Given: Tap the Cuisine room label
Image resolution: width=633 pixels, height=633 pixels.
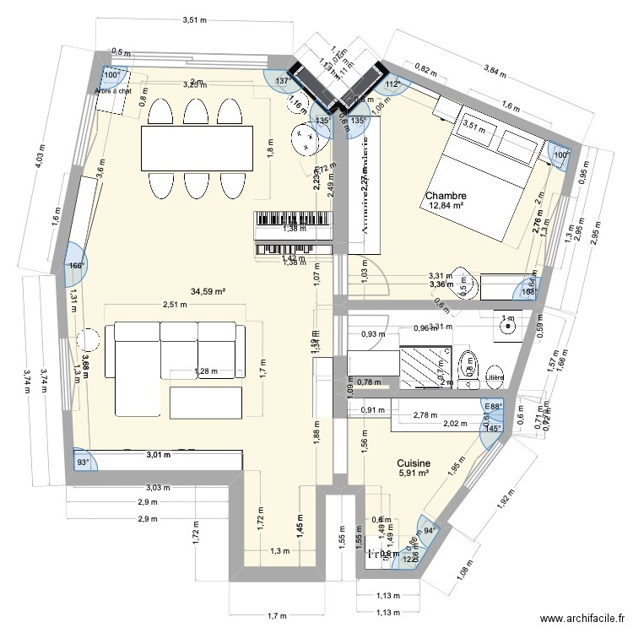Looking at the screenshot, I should [x=414, y=463].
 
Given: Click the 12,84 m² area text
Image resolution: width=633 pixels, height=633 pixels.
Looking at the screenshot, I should [x=447, y=205].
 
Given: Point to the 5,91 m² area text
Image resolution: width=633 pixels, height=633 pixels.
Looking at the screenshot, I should [x=414, y=473].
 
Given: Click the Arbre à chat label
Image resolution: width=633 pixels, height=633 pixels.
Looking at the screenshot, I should [x=113, y=91].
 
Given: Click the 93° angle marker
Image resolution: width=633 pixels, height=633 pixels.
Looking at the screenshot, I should [x=83, y=463].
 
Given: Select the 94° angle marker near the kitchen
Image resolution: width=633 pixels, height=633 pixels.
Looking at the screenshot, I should [x=428, y=529].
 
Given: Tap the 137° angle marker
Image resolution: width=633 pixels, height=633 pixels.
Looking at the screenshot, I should [x=284, y=81].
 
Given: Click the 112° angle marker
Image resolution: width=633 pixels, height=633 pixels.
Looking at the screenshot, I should [x=392, y=84].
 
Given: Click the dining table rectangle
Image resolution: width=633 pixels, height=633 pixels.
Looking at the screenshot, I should [x=197, y=149].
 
